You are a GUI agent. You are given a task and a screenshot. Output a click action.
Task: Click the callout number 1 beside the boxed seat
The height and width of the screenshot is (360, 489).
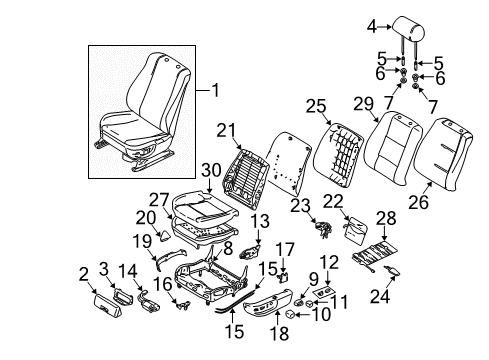[x=214, y=92]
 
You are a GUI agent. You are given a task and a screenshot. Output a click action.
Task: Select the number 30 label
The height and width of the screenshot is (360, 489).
[x=211, y=170]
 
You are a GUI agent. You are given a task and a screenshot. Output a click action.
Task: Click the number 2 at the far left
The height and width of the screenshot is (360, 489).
[x=83, y=272]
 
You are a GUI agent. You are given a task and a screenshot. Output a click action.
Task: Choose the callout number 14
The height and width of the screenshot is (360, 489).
[x=127, y=272]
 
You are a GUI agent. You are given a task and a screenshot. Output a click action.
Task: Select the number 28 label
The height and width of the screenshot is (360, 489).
[x=385, y=219]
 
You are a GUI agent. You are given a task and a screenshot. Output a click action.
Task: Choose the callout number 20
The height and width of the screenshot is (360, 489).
[x=146, y=216]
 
